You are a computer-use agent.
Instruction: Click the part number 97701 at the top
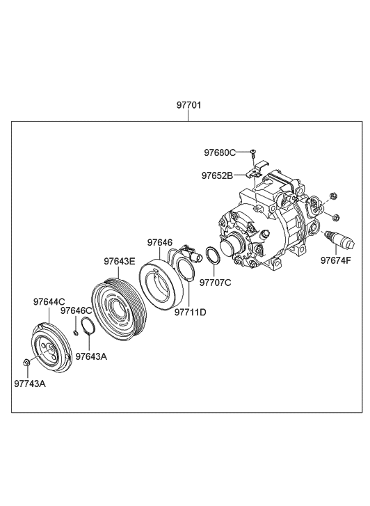click(x=188, y=105)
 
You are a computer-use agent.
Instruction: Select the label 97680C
click(x=220, y=152)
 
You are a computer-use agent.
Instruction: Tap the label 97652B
click(x=217, y=175)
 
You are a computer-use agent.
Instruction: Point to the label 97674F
click(x=335, y=260)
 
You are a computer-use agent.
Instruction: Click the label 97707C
click(x=216, y=283)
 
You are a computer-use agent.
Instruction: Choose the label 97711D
click(x=191, y=312)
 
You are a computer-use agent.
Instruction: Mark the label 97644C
click(x=49, y=302)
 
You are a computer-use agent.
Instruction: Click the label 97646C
click(x=77, y=310)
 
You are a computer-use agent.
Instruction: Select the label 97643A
click(x=91, y=356)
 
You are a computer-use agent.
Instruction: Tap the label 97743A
click(x=30, y=384)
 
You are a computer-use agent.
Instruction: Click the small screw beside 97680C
click(x=253, y=153)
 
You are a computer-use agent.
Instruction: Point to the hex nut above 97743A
click(x=26, y=363)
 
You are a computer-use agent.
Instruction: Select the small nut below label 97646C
click(x=76, y=333)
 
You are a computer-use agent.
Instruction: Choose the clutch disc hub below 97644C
click(x=52, y=347)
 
